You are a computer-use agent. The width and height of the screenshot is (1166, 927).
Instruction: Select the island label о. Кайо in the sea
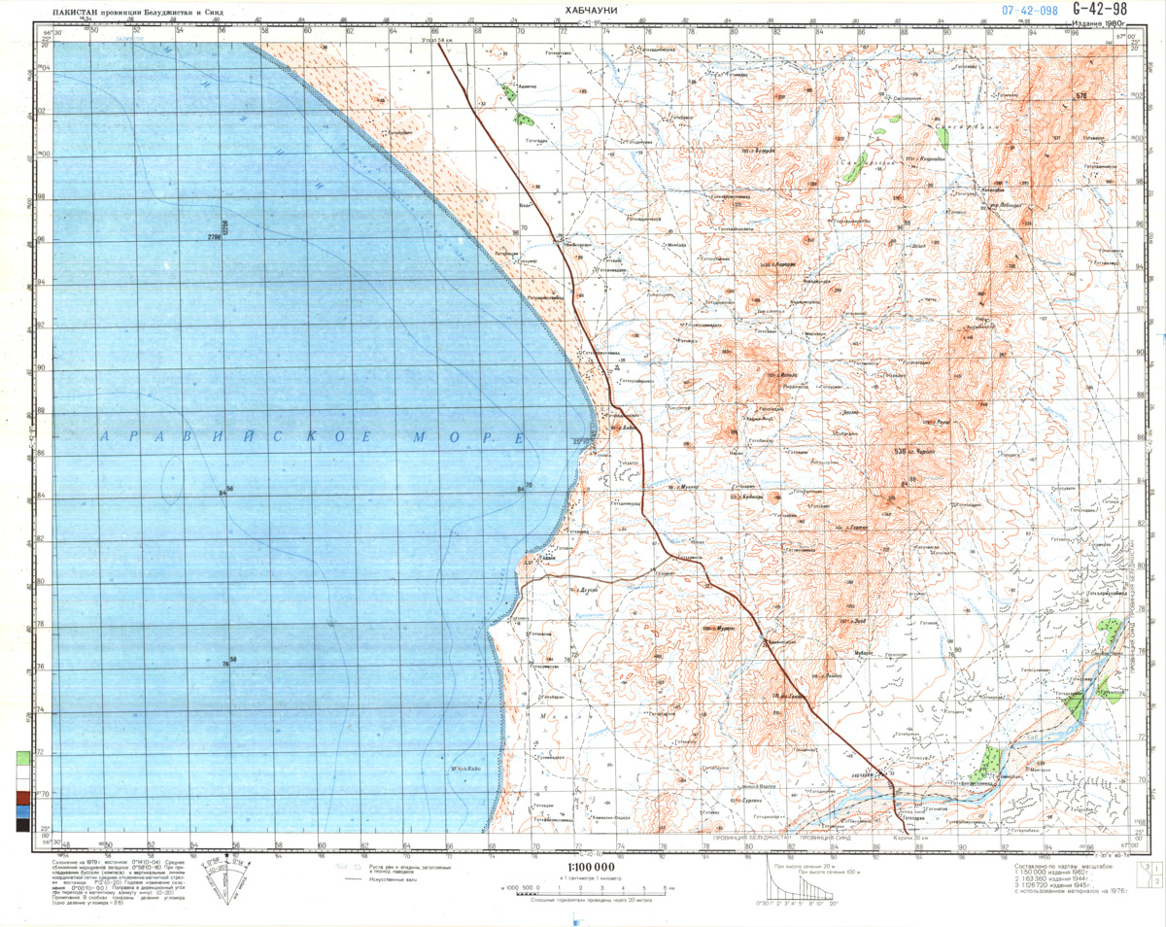467,772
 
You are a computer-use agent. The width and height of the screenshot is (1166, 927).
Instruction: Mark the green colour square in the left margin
21,757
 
